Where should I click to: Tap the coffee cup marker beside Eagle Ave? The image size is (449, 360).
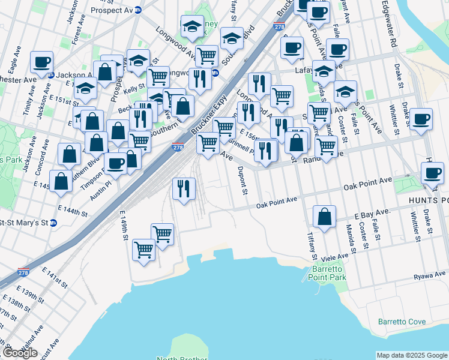[x=42, y=62]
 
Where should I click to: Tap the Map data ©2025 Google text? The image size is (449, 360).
[x=412, y=355]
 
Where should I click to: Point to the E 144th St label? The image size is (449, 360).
[x=73, y=211]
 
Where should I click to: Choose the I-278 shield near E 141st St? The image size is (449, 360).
[x=24, y=273]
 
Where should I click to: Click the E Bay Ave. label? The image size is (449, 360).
[x=372, y=213]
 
